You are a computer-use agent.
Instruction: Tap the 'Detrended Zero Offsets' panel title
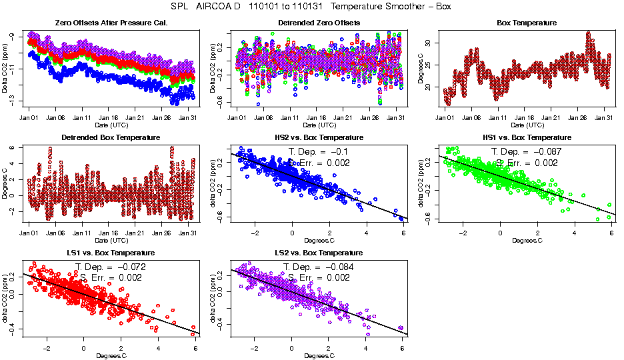click(x=319, y=23)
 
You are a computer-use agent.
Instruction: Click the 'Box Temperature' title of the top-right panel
click(x=527, y=23)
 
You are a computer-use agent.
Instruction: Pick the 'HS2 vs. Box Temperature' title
click(x=319, y=138)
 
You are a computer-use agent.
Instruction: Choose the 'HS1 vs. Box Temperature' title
click(x=527, y=138)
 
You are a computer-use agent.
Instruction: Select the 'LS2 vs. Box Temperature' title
click(x=319, y=253)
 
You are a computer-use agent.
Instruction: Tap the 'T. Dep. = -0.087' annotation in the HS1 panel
click(x=527, y=151)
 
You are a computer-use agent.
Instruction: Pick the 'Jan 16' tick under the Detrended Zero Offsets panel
click(x=318, y=118)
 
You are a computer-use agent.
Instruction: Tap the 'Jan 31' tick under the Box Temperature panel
click(x=604, y=118)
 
